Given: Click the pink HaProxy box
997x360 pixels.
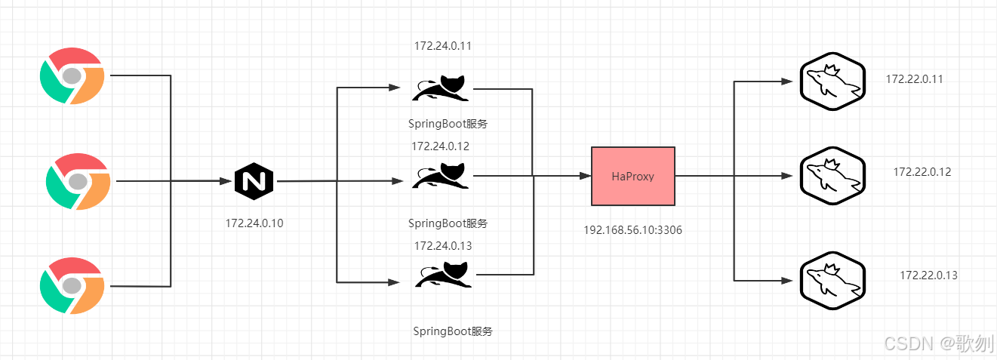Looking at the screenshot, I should pyautogui.click(x=632, y=176).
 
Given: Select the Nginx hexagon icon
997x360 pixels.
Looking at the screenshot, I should pyautogui.click(x=254, y=182).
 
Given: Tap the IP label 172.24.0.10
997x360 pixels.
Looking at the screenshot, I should pyautogui.click(x=254, y=223).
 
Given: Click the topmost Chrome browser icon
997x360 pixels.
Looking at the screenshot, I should pyautogui.click(x=72, y=75).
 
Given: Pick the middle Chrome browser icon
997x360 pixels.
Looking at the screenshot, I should pyautogui.click(x=78, y=181).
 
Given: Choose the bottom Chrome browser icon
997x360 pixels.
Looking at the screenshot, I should pyautogui.click(x=72, y=285).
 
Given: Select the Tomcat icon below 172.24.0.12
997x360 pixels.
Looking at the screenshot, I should pyautogui.click(x=442, y=175).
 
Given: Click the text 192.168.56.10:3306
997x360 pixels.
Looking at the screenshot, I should pyautogui.click(x=632, y=229).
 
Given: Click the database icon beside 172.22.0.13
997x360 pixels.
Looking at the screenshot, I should pyautogui.click(x=832, y=279).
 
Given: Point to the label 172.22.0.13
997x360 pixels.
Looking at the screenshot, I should pyautogui.click(x=928, y=275).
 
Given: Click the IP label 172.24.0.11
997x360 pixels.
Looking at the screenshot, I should pyautogui.click(x=443, y=46).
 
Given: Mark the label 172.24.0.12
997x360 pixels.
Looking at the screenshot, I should pyautogui.click(x=440, y=146).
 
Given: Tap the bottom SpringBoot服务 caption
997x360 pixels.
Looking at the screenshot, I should pyautogui.click(x=453, y=331).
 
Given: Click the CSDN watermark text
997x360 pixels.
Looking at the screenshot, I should pyautogui.click(x=939, y=344).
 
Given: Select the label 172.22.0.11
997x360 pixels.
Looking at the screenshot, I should pyautogui.click(x=915, y=79).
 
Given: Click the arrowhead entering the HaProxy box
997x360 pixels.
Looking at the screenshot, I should pyautogui.click(x=585, y=176).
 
